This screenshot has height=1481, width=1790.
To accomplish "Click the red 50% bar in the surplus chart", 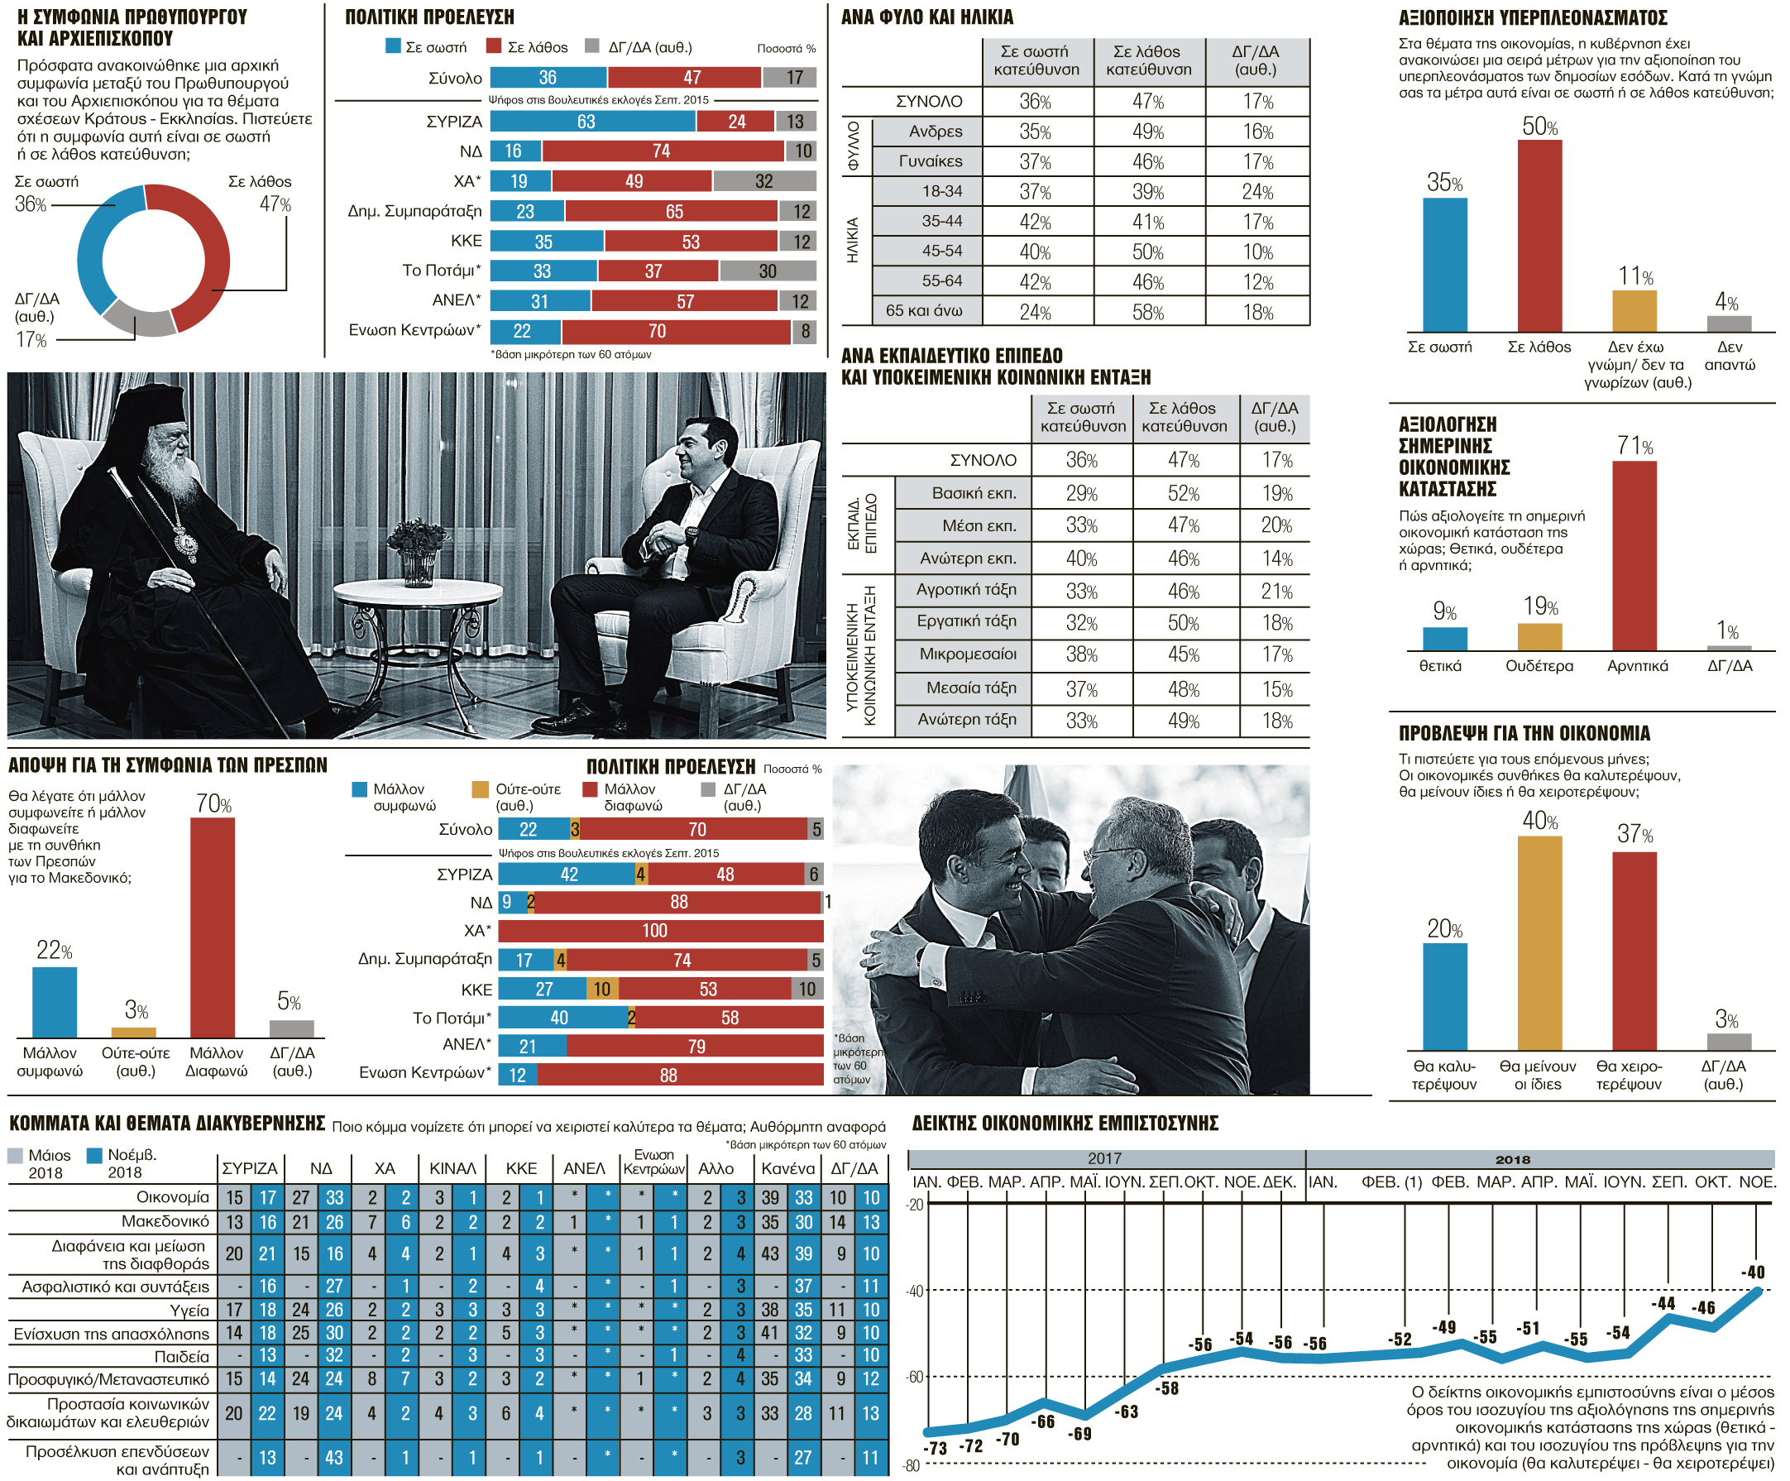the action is click(x=1539, y=235).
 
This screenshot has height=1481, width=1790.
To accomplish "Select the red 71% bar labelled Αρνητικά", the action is click(x=1634, y=555).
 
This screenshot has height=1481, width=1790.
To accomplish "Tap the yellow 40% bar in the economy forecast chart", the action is click(x=1539, y=942).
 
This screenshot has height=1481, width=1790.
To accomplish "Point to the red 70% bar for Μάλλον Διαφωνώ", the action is click(x=213, y=927).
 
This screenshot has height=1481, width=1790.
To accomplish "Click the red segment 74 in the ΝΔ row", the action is click(x=663, y=151).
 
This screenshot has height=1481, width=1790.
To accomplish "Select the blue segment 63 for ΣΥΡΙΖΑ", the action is click(x=593, y=121).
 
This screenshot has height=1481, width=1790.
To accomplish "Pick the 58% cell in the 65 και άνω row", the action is click(x=1147, y=311).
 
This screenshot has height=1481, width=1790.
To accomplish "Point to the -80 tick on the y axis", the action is click(x=912, y=1465).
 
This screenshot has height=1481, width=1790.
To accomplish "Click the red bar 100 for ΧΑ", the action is click(x=661, y=930).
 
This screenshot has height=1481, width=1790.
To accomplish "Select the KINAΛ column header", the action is click(x=452, y=1168).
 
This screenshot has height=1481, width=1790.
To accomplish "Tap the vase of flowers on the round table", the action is click(x=418, y=551).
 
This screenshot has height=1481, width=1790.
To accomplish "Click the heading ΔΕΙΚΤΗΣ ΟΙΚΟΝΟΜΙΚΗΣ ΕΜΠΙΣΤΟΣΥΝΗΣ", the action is click(x=1065, y=1123).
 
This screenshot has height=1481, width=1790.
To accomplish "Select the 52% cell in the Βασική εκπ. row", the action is click(x=1183, y=493).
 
